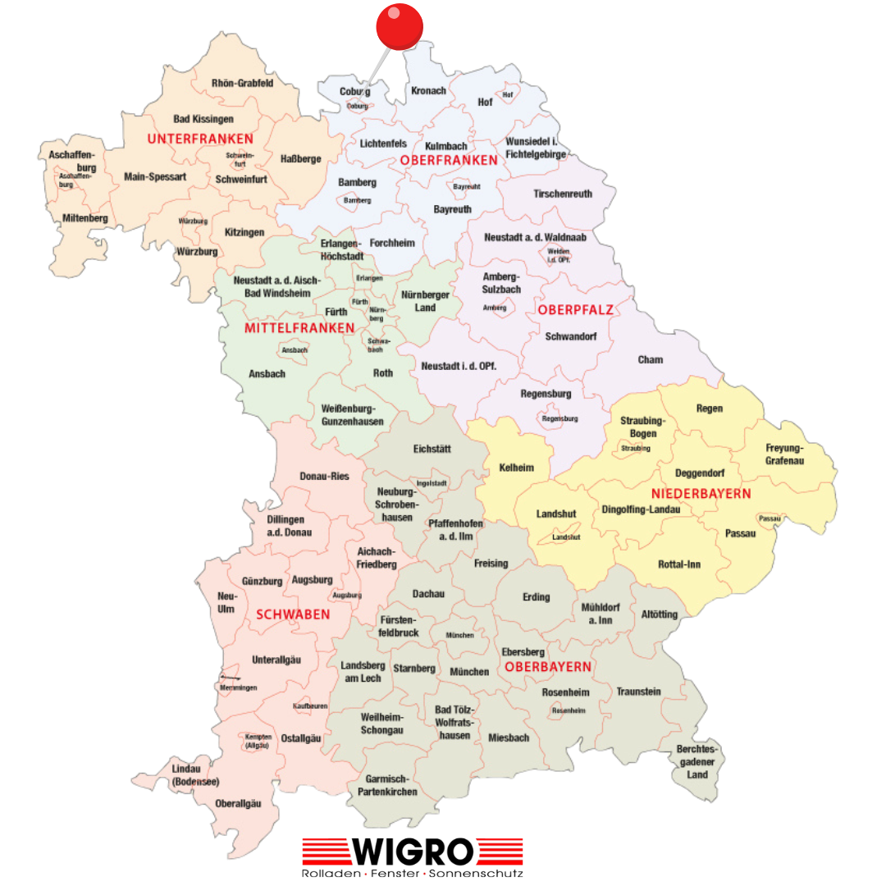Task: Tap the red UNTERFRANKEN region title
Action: click(x=200, y=139)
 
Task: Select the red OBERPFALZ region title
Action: click(x=575, y=309)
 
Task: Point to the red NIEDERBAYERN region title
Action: click(x=701, y=494)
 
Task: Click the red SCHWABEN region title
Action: click(x=293, y=614)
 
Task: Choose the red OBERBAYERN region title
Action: click(x=548, y=667)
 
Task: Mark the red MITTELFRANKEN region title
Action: click(x=299, y=328)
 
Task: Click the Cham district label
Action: click(x=651, y=359)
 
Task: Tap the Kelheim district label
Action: click(x=517, y=468)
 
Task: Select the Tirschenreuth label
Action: click(x=563, y=194)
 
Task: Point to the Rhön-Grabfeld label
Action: click(x=242, y=83)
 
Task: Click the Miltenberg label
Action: click(x=85, y=218)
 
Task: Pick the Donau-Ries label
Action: click(x=324, y=476)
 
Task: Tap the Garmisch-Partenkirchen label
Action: click(x=387, y=785)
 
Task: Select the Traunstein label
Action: click(x=639, y=692)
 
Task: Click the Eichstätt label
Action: click(x=432, y=450)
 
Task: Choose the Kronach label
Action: click(x=428, y=91)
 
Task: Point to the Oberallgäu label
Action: click(x=238, y=803)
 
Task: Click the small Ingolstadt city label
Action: click(x=432, y=483)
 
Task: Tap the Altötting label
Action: click(x=660, y=614)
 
